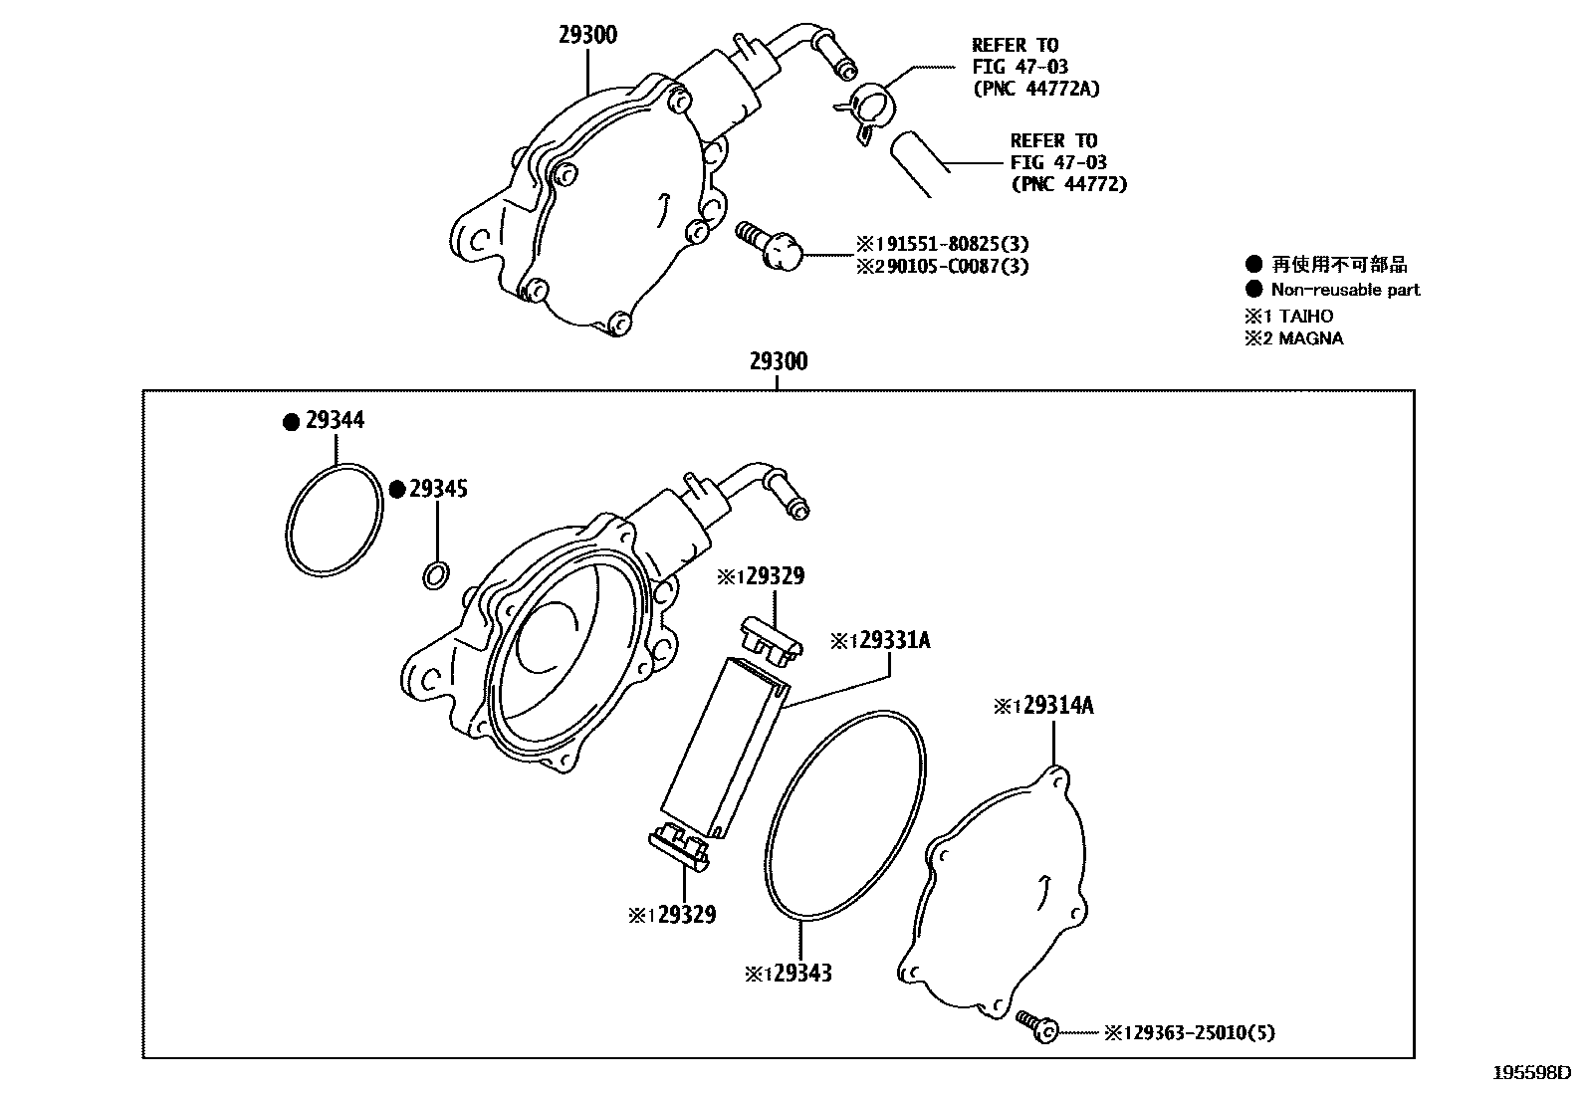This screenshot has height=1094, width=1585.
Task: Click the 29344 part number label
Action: tap(335, 420)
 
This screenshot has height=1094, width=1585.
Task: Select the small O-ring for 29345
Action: tap(435, 574)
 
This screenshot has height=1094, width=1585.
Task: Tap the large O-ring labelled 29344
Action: tap(334, 519)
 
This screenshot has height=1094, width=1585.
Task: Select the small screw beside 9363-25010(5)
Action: tap(1035, 1027)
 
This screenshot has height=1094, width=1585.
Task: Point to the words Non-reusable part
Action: tap(1345, 290)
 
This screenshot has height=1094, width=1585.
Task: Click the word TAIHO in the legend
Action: tap(1306, 316)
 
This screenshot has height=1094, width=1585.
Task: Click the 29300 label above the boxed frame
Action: tap(779, 361)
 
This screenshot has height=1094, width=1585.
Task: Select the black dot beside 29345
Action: tap(397, 489)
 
